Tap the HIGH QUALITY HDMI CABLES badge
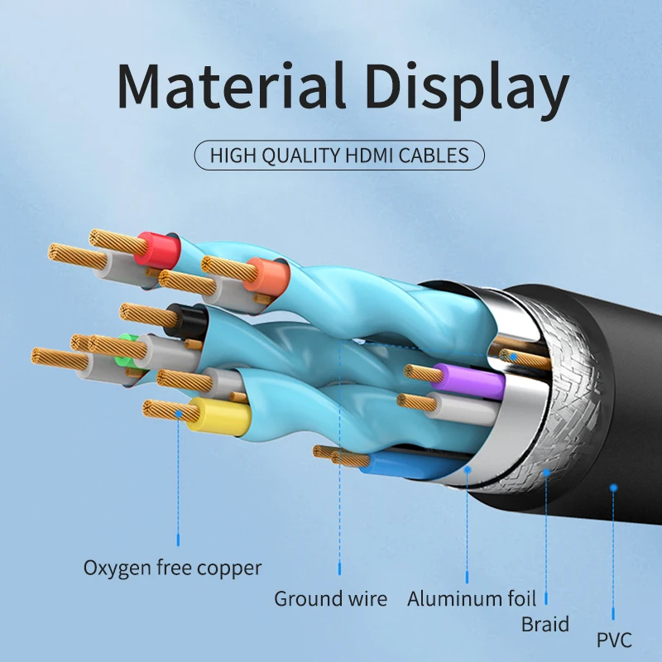coord(339,155)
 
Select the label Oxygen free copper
coord(172,568)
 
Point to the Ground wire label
coord(330,598)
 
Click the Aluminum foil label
coord(471,598)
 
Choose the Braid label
coord(544,623)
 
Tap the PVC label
coord(613,640)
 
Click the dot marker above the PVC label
coord(613,487)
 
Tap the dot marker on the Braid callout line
coord(546,473)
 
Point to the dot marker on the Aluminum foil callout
coord(468,469)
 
